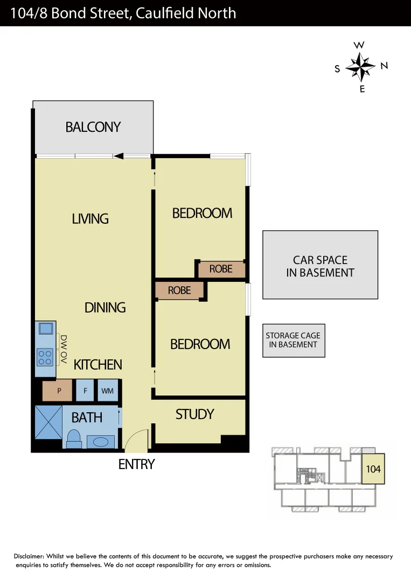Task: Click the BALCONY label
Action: coord(93,127)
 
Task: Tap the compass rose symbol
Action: coord(360,67)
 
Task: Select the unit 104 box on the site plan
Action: coord(373,469)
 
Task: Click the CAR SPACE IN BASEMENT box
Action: coord(320,265)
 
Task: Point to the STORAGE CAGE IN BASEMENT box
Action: coord(294,341)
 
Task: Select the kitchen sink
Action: coord(45,328)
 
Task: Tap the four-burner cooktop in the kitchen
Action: coord(45,357)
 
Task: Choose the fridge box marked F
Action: coord(85,391)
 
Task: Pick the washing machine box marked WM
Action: coord(107,391)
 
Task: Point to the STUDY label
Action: coord(194,414)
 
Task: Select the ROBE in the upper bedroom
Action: coord(221,269)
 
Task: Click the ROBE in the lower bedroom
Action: coord(179,290)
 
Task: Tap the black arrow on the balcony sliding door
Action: coord(119,156)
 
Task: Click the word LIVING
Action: coord(90,218)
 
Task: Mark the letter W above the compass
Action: coord(359,45)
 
